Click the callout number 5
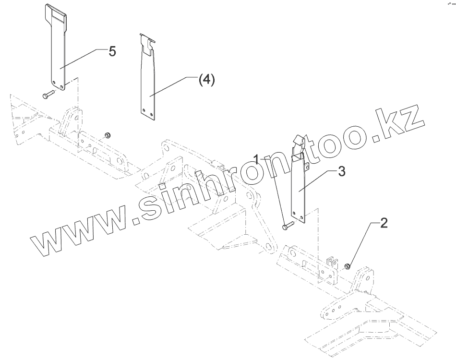pyautogui.click(x=112, y=51)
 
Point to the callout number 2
pyautogui.click(x=384, y=223)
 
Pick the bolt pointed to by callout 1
pyautogui.click(x=286, y=225)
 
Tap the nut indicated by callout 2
pyautogui.click(x=348, y=265)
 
